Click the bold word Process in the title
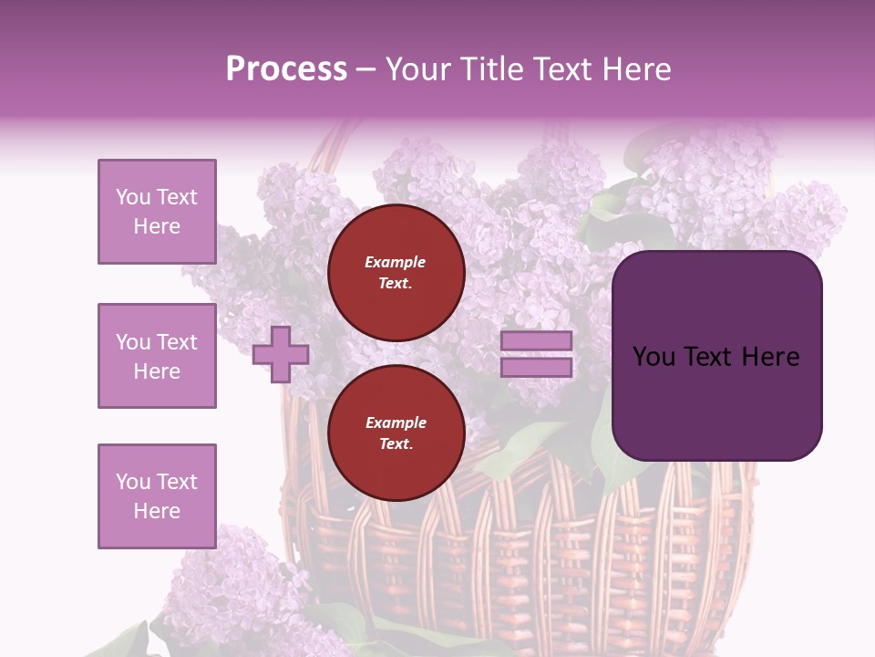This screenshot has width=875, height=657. [286, 69]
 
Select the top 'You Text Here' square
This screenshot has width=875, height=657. [157, 212]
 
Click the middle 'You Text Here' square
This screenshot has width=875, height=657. [157, 356]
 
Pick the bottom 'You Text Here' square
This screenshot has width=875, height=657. [157, 496]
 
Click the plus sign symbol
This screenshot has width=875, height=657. [281, 354]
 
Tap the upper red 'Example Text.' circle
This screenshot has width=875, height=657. [396, 273]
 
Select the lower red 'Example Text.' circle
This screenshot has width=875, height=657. [396, 433]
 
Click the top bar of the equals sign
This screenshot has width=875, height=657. [537, 341]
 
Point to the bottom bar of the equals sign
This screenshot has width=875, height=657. [537, 368]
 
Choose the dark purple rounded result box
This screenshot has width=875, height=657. [716, 355]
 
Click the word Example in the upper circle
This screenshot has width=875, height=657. [396, 263]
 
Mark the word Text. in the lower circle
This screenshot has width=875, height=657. [396, 444]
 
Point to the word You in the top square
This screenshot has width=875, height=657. [132, 197]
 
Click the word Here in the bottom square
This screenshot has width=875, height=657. [157, 511]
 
